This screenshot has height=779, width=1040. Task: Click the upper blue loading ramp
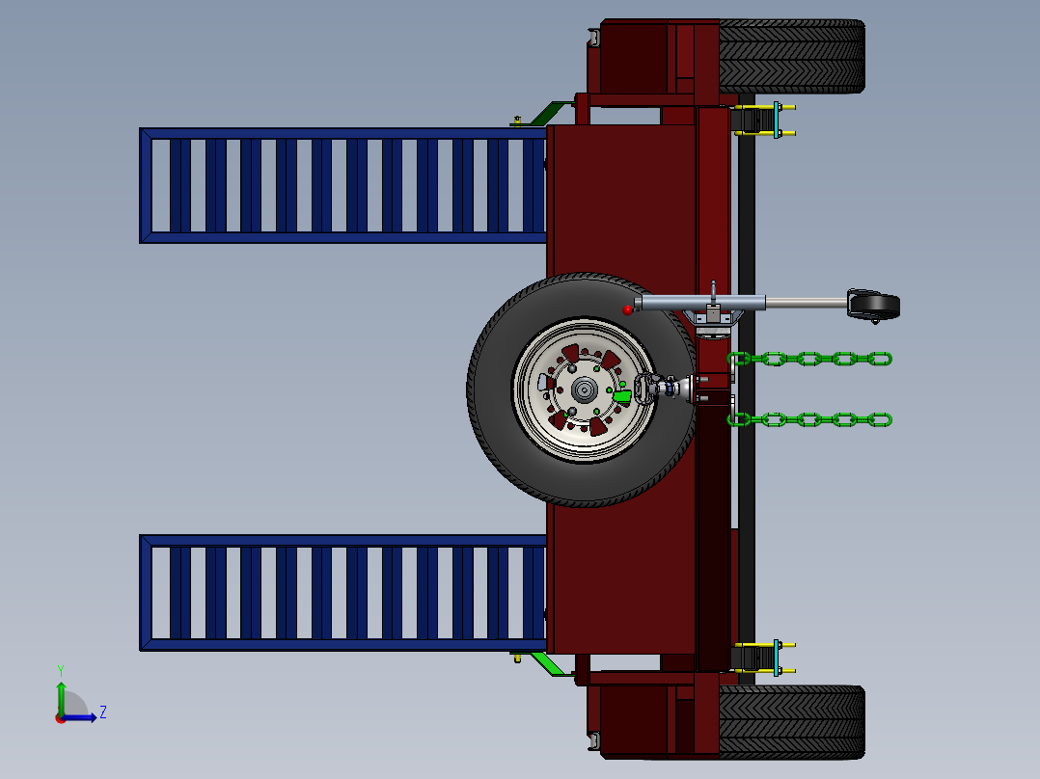342,185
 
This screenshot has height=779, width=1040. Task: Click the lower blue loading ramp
342,592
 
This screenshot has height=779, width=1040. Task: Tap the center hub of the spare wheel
584,389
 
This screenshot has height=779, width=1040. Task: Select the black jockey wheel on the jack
874,306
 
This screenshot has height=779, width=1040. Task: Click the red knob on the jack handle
628,309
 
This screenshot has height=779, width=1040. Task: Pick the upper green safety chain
810,360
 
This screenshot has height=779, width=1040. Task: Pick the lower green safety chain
810,419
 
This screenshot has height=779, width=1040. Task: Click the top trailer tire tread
791,56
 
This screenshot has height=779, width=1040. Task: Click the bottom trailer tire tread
791,721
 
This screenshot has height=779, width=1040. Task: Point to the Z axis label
102,712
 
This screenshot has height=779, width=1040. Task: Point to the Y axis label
60,669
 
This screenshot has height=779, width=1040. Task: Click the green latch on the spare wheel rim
622,395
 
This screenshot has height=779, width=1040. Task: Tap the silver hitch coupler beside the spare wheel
671,388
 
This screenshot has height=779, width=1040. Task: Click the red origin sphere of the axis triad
61,718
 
